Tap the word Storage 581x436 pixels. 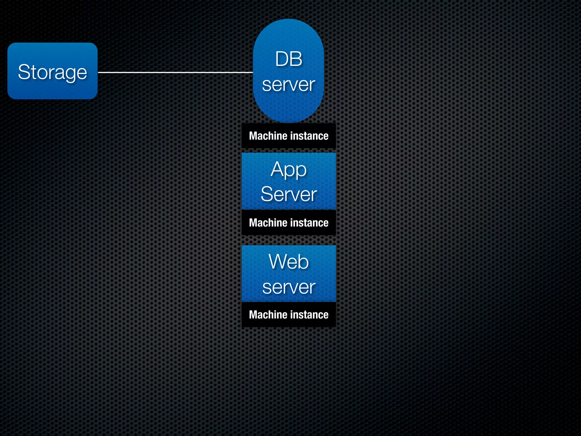pyautogui.click(x=52, y=72)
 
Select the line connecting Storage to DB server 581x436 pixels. pyautogui.click(x=175, y=72)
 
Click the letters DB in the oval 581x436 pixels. pyautogui.click(x=289, y=59)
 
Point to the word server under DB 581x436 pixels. pyautogui.click(x=289, y=85)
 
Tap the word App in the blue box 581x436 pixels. pyautogui.click(x=289, y=169)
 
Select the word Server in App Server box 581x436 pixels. pyautogui.click(x=289, y=194)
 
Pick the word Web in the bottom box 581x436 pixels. pyautogui.click(x=289, y=261)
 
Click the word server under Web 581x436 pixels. pyautogui.click(x=289, y=287)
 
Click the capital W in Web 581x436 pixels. pyautogui.click(x=277, y=261)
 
